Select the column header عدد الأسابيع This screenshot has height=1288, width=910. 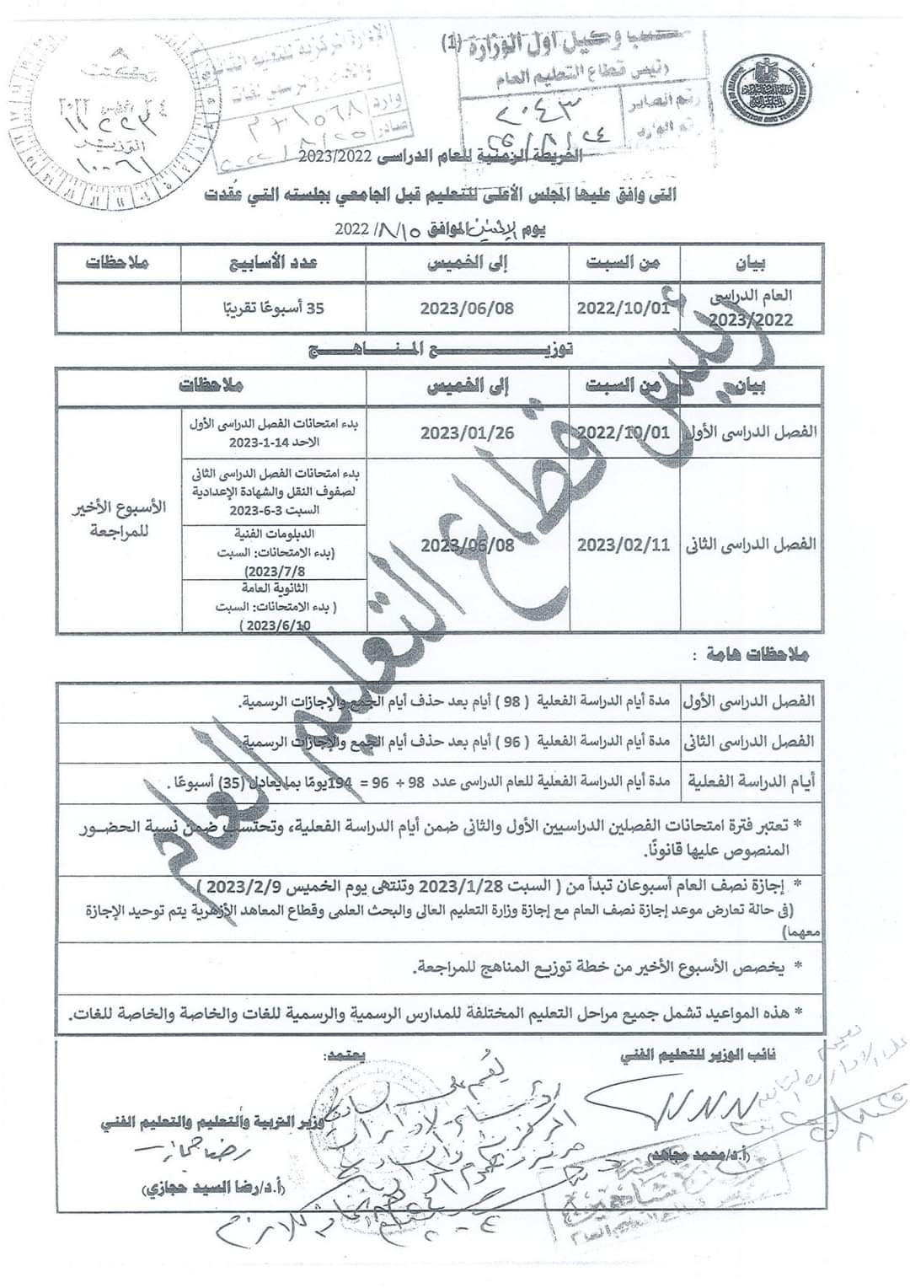[x=274, y=262]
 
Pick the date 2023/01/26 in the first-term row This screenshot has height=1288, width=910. [x=467, y=432]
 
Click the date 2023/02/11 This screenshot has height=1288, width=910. [x=624, y=545]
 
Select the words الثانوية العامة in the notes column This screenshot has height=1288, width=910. [x=275, y=588]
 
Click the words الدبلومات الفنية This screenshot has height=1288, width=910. [x=275, y=534]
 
